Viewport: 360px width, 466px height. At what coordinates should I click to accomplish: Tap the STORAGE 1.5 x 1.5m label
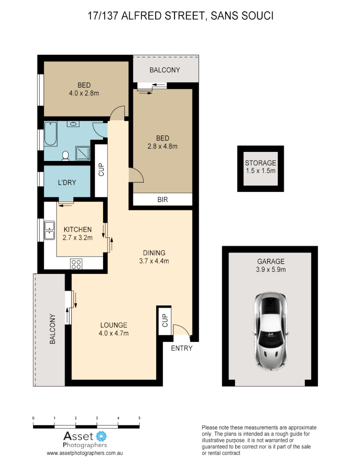(x=260, y=167)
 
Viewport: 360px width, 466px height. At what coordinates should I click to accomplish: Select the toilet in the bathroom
(x=66, y=155)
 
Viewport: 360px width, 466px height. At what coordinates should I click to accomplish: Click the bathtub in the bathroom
(x=50, y=134)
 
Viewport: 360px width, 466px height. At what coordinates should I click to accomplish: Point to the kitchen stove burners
(x=76, y=264)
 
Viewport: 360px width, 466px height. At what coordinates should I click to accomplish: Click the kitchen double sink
(x=50, y=230)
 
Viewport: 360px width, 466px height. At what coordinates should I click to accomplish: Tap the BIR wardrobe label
(x=162, y=200)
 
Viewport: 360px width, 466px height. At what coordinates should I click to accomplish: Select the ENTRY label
(x=181, y=348)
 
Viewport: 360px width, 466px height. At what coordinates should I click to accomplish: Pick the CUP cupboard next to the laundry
(x=101, y=170)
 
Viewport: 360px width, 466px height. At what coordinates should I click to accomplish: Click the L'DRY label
(x=67, y=183)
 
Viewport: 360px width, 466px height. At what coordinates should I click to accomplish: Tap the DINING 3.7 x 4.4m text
(x=154, y=257)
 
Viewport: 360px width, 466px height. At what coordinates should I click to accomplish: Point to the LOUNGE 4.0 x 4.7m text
(x=114, y=329)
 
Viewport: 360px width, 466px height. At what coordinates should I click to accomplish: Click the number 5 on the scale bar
(x=139, y=418)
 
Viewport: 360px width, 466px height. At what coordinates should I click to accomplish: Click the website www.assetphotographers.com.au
(x=85, y=453)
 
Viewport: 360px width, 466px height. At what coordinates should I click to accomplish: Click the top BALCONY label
(x=164, y=70)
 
